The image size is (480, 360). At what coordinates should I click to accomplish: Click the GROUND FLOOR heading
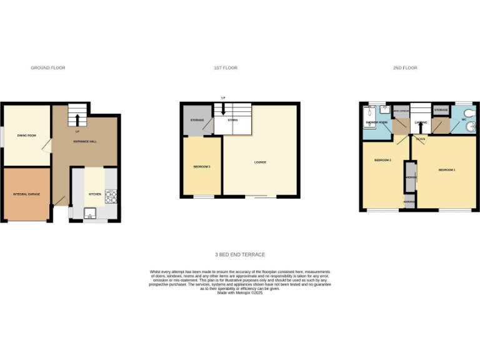point(48,67)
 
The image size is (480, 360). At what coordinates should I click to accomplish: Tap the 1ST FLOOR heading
point(225,67)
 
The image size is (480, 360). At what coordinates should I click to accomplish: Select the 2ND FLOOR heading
point(405,67)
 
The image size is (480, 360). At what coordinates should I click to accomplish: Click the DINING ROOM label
point(26,136)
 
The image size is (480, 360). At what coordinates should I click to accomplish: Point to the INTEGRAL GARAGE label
point(26,194)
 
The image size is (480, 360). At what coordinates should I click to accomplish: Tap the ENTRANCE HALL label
point(85,142)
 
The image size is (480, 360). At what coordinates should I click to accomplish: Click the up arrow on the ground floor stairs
point(77,119)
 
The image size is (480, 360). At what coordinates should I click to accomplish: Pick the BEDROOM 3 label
point(201,167)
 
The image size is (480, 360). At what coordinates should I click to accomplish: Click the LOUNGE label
point(260,162)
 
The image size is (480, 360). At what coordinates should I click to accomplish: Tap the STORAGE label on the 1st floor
point(197,119)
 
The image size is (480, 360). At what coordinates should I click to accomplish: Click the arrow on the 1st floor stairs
point(223,109)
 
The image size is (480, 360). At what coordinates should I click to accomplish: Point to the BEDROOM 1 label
point(446,170)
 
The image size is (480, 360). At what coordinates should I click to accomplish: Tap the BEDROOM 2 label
point(382,160)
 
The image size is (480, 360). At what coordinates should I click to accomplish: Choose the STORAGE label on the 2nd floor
point(441,111)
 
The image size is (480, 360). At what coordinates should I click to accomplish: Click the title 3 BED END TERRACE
point(239,254)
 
